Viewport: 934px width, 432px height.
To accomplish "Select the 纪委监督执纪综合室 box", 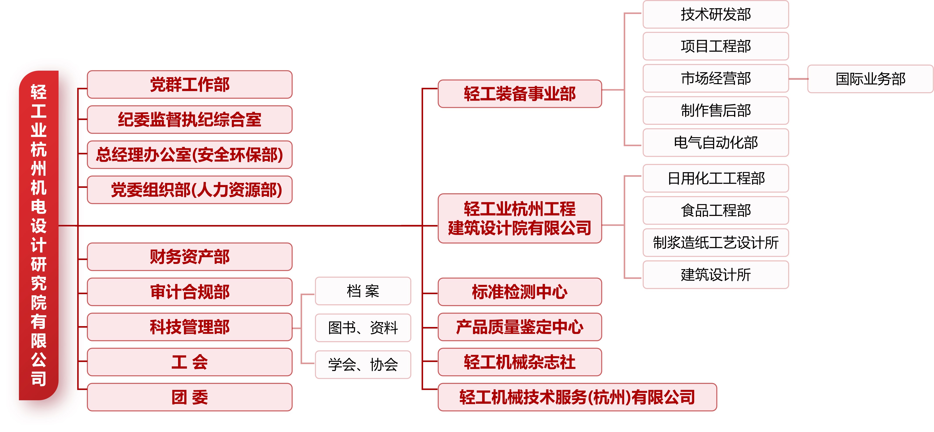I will pyautogui.click(x=190, y=120).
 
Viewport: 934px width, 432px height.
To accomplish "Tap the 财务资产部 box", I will pyautogui.click(x=190, y=257).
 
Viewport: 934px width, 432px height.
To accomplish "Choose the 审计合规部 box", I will pyautogui.click(x=190, y=292).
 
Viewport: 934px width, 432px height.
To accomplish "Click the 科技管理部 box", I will pyautogui.click(x=190, y=327).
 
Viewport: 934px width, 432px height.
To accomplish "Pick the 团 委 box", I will pyautogui.click(x=190, y=397).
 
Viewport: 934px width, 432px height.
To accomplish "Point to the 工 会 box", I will pyautogui.click(x=190, y=362).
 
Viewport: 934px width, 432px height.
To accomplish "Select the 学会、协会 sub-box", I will pyautogui.click(x=363, y=365).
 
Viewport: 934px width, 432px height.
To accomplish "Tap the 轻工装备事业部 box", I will pyautogui.click(x=520, y=94).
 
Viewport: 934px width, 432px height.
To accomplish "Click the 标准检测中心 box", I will pyautogui.click(x=520, y=292).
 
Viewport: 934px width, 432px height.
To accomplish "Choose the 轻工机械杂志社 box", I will pyautogui.click(x=520, y=362).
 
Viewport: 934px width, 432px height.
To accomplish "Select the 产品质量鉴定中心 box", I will pyautogui.click(x=520, y=327).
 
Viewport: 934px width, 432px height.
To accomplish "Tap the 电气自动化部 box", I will pyautogui.click(x=716, y=143).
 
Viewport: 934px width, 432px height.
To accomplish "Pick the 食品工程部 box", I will pyautogui.click(x=716, y=210).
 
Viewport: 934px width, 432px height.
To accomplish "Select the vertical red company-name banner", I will pyautogui.click(x=39, y=235).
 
